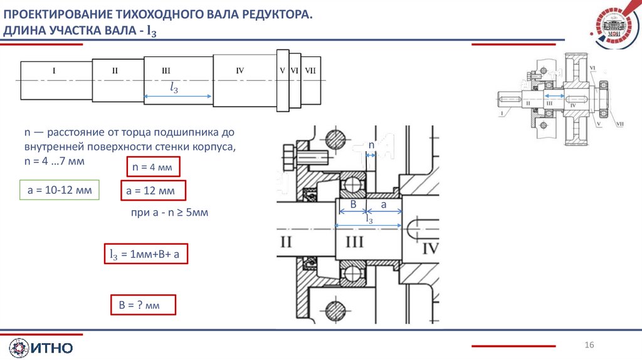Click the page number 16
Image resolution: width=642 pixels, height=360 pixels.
tap(589, 346)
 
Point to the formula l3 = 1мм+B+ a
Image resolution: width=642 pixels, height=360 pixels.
tap(145, 254)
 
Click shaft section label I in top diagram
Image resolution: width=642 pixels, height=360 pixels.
tap(54, 71)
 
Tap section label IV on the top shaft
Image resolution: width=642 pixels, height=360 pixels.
tap(239, 71)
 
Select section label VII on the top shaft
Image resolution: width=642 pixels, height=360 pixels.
tap(310, 71)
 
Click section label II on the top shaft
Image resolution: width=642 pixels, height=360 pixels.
tap(115, 71)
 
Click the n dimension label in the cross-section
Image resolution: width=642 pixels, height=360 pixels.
tap(371, 146)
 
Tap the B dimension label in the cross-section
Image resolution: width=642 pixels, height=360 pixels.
tap(352, 205)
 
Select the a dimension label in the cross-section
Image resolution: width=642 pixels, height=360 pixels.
tap(384, 205)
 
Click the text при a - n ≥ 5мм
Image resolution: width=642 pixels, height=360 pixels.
tap(169, 213)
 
